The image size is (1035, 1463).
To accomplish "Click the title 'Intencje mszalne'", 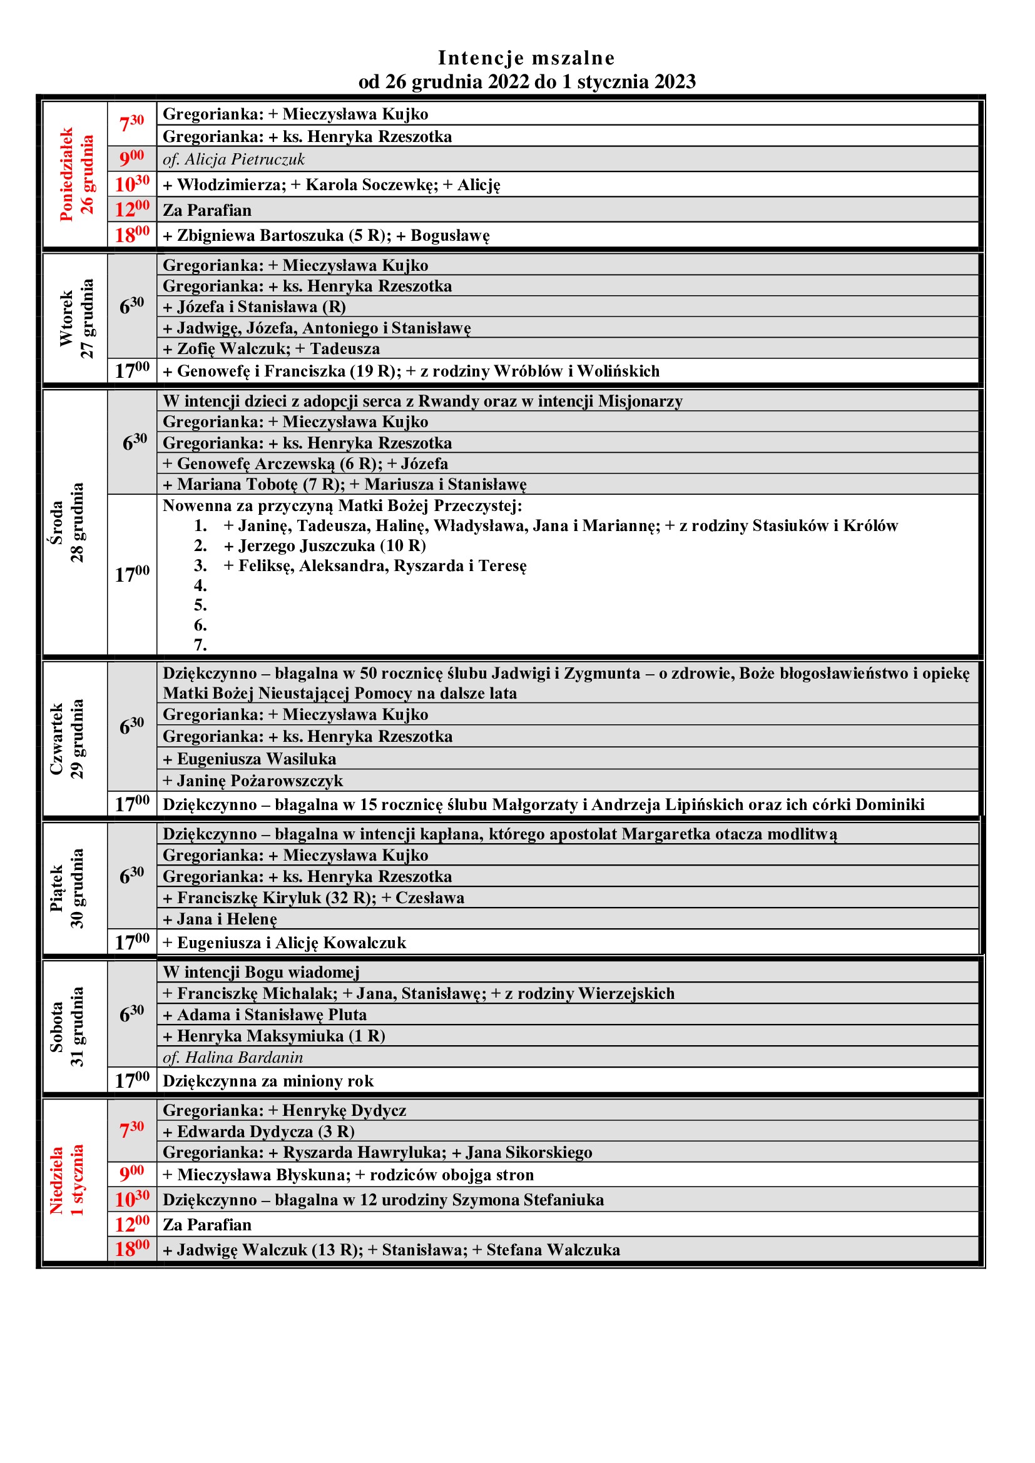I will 526,58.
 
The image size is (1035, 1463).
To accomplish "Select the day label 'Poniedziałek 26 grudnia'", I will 76,175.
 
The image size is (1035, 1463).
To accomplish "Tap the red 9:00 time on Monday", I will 132,158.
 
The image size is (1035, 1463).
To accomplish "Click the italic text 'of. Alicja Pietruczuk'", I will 233,159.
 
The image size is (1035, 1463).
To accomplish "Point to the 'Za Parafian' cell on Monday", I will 207,210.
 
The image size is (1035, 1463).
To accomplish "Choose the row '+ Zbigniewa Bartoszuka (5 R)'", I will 325,236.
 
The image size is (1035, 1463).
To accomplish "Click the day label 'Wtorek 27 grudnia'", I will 76,318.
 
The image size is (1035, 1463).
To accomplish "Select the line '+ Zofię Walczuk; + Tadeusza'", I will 271,348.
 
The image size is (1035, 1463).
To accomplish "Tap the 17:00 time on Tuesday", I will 132,370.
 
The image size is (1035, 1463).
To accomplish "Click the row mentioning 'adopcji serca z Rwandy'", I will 422,401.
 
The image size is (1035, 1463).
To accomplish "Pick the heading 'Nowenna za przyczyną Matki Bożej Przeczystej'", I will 342,506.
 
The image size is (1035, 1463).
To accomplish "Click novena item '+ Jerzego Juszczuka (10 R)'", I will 325,545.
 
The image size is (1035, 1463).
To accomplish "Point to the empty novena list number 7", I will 200,645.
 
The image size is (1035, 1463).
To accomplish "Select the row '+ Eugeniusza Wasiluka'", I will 249,759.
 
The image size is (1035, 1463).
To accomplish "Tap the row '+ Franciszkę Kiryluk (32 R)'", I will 314,898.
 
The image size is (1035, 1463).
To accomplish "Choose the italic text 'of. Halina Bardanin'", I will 233,1057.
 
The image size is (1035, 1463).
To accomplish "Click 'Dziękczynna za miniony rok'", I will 268,1081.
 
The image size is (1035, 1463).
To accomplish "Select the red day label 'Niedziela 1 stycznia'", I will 66,1180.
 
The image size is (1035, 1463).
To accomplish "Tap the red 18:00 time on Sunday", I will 132,1249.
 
